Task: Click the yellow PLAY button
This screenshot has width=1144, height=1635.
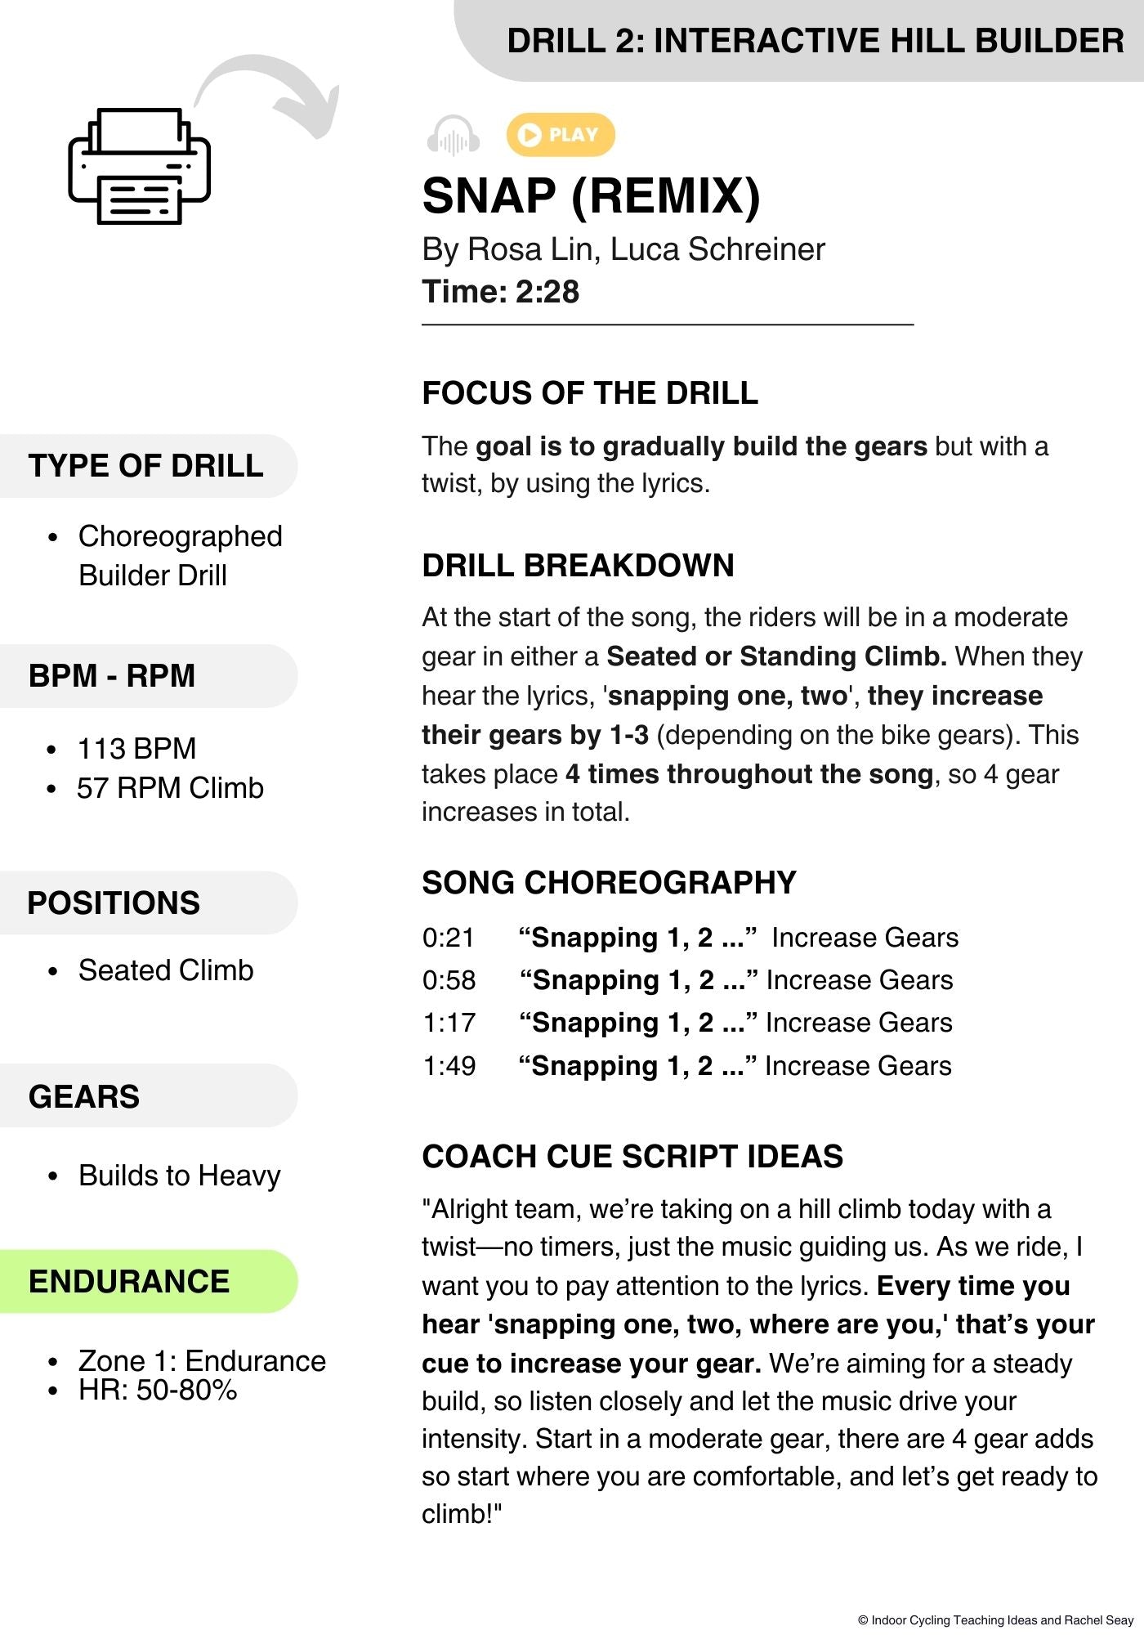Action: tap(561, 135)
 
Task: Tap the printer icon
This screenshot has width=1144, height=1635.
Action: tap(139, 167)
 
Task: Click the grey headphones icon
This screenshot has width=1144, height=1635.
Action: tap(453, 137)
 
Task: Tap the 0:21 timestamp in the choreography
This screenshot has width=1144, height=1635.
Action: tap(448, 938)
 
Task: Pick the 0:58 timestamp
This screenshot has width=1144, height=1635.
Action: tap(449, 980)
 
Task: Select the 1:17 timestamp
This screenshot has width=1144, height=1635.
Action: tap(449, 1023)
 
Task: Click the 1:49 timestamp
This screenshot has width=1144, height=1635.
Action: tap(449, 1066)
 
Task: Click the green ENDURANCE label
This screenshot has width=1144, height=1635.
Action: tap(129, 1282)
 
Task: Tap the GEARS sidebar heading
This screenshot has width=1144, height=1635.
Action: tap(84, 1096)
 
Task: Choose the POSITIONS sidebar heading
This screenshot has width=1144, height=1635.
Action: tap(114, 903)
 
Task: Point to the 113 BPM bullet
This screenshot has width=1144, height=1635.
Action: tap(136, 749)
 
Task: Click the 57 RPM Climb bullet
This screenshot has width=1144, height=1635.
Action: tap(170, 788)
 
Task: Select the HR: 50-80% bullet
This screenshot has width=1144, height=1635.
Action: tap(158, 1390)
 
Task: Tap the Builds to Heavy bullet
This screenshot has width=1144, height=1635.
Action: tap(179, 1176)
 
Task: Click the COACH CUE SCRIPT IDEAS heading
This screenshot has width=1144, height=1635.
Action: tap(632, 1157)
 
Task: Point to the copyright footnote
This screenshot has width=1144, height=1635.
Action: tap(995, 1619)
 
